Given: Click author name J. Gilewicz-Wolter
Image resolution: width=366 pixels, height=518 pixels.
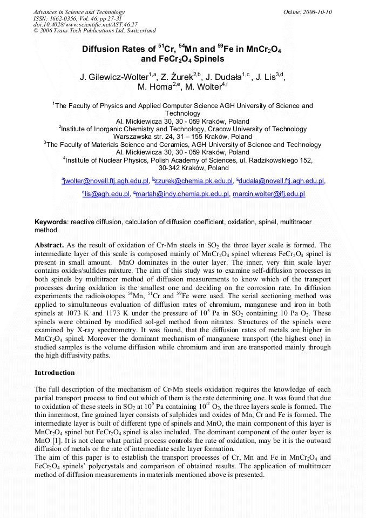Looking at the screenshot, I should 116,77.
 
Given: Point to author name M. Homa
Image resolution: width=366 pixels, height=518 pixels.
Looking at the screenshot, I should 157,87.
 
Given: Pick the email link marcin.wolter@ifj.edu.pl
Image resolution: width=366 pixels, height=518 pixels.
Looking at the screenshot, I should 269,194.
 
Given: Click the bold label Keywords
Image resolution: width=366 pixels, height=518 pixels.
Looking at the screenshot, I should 51,222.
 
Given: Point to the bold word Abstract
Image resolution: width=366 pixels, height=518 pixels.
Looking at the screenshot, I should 50,245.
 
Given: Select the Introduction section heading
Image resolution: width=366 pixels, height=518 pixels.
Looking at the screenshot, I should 55,373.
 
